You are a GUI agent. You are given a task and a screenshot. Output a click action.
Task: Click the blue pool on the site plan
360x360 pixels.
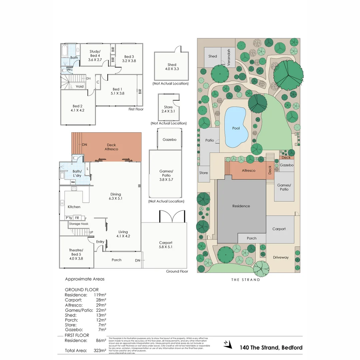236,128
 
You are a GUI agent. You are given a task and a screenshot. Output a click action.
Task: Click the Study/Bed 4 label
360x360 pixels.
95,55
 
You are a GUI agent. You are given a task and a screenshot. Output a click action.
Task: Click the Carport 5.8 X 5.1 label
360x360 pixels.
165,245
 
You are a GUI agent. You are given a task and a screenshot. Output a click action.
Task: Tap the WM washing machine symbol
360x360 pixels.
73,182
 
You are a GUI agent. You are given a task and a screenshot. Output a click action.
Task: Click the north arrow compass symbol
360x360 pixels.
227,344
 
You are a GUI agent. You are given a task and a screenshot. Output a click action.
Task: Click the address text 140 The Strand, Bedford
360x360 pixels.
271,348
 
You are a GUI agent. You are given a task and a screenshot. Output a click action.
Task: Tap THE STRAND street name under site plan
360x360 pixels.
246,280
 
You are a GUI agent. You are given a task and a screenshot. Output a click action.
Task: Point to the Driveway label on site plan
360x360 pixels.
281,257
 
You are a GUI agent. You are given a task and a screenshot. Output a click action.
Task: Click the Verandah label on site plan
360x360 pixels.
229,57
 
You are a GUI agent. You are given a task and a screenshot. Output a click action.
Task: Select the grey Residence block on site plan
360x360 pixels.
241,206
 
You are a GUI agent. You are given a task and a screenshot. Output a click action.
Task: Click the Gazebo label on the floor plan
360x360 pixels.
169,140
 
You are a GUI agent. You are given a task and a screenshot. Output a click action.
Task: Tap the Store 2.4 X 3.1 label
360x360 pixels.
166,109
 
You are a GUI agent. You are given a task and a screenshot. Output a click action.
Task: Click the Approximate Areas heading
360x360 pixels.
85,279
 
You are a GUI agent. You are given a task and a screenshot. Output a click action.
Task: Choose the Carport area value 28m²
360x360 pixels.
101,300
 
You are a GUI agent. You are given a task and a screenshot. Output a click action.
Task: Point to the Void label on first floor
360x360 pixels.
80,86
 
